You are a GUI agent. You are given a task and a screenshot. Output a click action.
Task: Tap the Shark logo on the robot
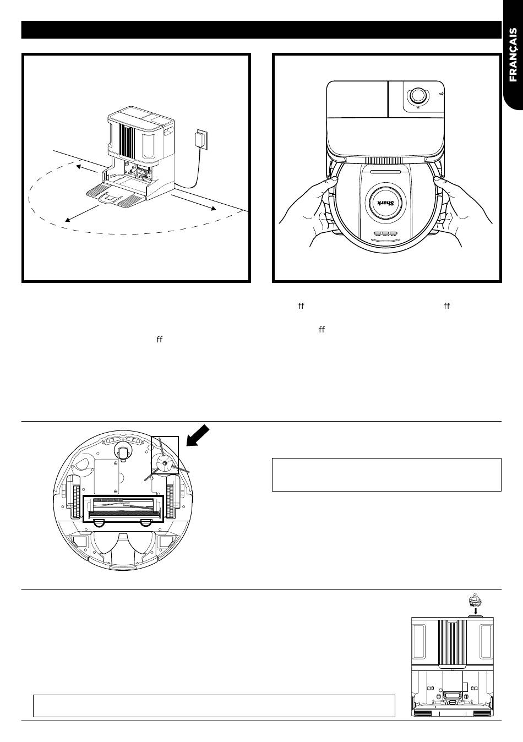(x=385, y=203)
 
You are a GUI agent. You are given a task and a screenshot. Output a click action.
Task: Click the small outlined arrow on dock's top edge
(x=442, y=95)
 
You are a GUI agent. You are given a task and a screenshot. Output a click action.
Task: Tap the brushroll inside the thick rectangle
(x=123, y=505)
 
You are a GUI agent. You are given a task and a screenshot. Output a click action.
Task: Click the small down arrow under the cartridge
(x=475, y=610)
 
